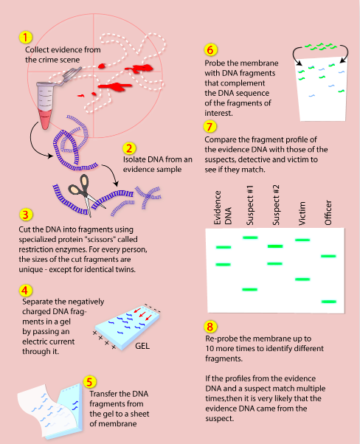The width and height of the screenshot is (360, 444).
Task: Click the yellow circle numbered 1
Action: [x=26, y=38]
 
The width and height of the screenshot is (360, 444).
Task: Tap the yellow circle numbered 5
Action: [x=89, y=382]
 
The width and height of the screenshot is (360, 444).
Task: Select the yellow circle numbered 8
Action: [x=210, y=327]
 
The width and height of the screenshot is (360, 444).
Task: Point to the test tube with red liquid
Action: [x=45, y=105]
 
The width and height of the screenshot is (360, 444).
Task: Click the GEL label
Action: [x=142, y=346]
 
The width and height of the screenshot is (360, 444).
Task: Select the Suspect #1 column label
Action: [x=250, y=205]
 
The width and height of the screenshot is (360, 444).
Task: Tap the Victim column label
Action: [x=302, y=213]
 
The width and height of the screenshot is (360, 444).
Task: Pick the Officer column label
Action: [x=328, y=212]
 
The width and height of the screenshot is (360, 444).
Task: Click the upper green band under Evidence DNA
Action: [x=224, y=247]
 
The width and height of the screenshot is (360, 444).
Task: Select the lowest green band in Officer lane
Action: [x=329, y=302]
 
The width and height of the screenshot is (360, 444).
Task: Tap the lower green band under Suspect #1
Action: [x=250, y=289]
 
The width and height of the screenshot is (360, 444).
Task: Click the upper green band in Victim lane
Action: [x=302, y=240]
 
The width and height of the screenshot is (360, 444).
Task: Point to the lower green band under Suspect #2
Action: [x=274, y=263]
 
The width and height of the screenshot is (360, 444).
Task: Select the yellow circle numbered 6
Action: [x=210, y=50]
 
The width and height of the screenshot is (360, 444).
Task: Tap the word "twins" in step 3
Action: [x=125, y=269]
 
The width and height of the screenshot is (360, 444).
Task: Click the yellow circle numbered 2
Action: [x=129, y=148]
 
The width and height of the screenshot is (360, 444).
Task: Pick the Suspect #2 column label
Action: [x=276, y=205]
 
